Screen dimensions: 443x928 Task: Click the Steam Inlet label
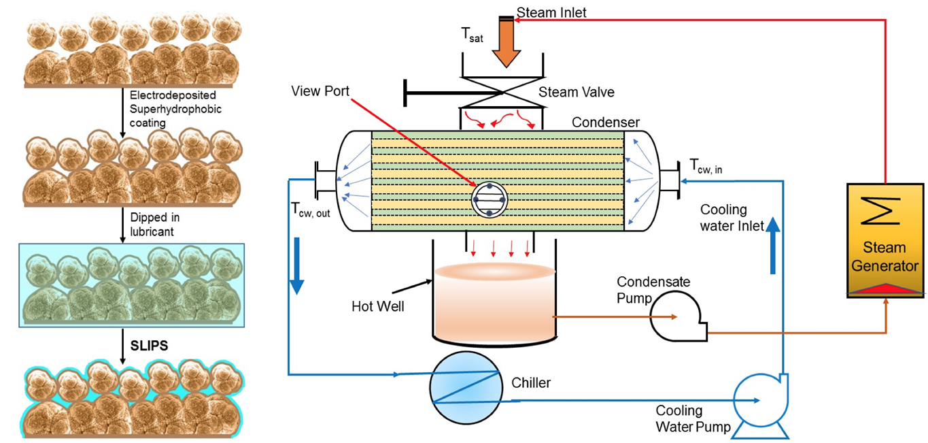click(x=551, y=12)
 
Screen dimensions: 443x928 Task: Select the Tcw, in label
click(x=705, y=165)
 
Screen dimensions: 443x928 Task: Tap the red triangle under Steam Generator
click(x=884, y=289)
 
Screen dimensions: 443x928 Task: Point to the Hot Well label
click(x=378, y=306)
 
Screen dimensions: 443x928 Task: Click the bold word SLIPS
click(x=149, y=346)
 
